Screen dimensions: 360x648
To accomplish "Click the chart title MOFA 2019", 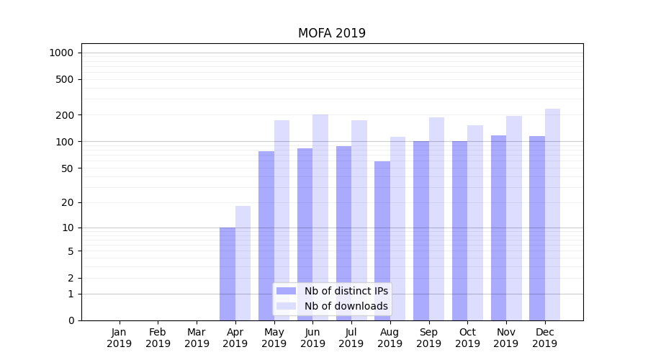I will coord(331,34).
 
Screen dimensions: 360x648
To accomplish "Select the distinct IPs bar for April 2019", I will coord(228,274).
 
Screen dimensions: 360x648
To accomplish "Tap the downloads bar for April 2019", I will coord(243,263).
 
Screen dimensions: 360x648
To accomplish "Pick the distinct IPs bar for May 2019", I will coord(266,216).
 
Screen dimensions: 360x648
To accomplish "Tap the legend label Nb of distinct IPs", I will coord(346,291).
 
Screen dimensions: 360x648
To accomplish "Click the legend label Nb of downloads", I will coord(346,306).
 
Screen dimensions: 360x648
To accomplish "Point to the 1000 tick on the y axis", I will coord(61,53).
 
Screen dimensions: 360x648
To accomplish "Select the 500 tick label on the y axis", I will coord(66,79).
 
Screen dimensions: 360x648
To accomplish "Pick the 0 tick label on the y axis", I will coord(71,320).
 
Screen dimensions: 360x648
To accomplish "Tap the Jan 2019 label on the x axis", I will coord(120,338).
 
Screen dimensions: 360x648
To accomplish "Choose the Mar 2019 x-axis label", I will coord(197,338).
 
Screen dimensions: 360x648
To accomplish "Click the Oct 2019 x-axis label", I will coord(467,338).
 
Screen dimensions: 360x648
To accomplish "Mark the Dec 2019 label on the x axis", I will coord(544,338).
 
